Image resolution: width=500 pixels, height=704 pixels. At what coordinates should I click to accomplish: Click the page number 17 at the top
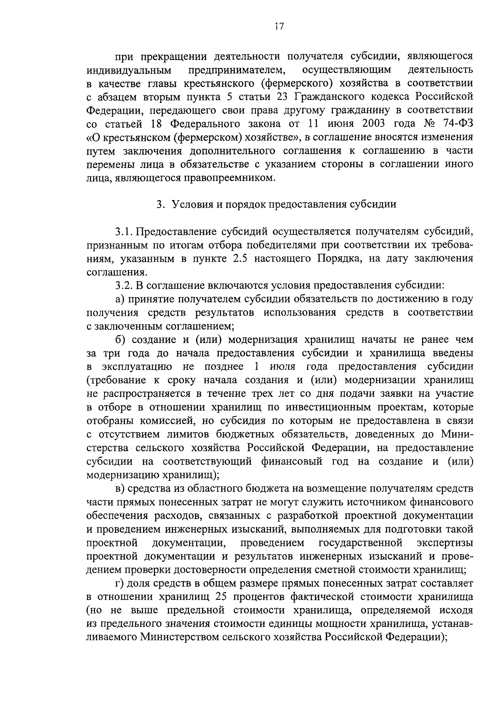(x=279, y=27)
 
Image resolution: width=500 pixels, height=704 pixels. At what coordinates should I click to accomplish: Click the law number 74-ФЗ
(x=455, y=124)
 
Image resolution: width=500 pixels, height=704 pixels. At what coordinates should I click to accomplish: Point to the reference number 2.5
(x=239, y=259)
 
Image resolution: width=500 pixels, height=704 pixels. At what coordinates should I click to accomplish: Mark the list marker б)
(x=120, y=340)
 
